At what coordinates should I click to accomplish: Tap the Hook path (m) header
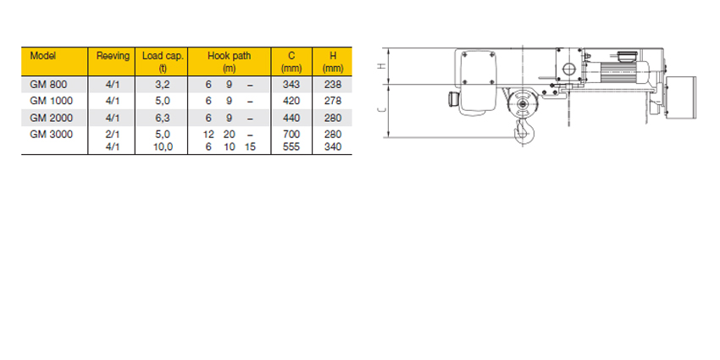point(229,61)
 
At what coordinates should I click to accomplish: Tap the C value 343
point(291,84)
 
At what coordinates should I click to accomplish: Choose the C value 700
point(291,134)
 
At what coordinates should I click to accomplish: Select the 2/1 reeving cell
point(114,134)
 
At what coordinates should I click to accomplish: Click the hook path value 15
point(250,147)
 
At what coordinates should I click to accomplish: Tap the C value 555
point(291,147)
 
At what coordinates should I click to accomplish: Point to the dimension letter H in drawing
point(382,66)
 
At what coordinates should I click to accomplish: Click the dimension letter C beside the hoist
point(382,110)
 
